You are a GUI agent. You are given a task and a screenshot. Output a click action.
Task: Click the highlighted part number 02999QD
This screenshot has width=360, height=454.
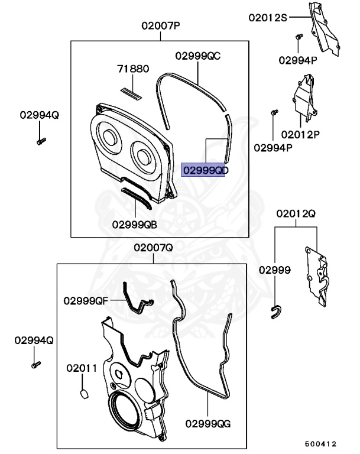205,170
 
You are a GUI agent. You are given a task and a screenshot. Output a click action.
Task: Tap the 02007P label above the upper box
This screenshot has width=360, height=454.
160,26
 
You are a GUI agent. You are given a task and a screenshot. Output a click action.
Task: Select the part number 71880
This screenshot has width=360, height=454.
132,69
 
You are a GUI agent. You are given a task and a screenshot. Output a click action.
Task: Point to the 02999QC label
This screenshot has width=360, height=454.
197,56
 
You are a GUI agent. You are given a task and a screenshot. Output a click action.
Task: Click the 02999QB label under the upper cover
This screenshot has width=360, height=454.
135,224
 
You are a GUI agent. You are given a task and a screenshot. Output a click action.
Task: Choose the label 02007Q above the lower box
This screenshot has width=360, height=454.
153,248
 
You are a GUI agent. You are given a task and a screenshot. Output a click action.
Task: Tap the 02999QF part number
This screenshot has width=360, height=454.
86,300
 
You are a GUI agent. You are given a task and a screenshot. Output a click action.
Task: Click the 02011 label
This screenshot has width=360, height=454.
81,368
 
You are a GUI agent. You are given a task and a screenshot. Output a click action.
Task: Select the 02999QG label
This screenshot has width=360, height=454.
207,423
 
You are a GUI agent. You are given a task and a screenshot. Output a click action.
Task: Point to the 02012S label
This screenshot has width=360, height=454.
267,18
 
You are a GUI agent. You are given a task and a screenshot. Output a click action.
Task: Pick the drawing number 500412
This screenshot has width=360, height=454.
320,443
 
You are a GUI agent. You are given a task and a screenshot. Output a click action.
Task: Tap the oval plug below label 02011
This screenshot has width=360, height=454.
83,393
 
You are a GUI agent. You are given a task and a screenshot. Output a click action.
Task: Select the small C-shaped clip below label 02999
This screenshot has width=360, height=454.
277,312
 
